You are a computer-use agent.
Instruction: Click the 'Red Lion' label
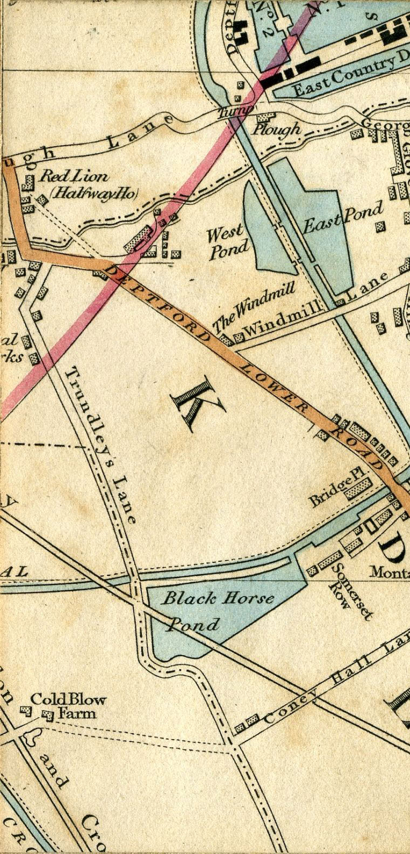click(x=74, y=176)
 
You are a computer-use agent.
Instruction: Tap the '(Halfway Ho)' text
click(x=94, y=192)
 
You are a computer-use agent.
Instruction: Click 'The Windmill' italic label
click(x=254, y=307)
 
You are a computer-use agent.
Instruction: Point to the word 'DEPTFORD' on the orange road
click(x=161, y=305)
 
